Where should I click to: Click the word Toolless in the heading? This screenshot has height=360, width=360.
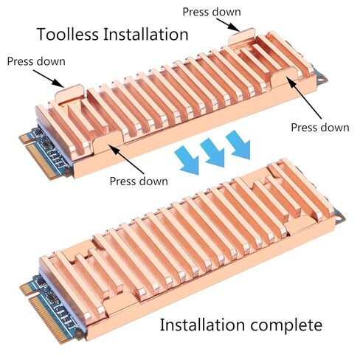[x=67, y=34]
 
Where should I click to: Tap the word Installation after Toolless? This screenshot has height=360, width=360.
[x=146, y=34]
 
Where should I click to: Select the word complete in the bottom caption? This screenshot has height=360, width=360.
[x=286, y=325]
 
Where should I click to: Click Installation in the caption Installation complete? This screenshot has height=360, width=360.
[x=202, y=325]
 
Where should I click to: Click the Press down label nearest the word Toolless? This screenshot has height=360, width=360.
[x=36, y=61]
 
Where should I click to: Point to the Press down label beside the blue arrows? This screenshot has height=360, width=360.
[x=139, y=181]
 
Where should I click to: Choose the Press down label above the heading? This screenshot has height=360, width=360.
[x=212, y=12]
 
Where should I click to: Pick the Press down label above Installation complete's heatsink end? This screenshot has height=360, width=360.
[x=320, y=128]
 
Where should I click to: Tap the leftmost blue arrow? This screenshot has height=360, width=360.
[x=187, y=160]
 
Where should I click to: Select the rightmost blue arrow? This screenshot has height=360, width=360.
[x=238, y=145]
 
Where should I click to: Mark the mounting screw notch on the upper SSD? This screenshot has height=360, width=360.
[x=323, y=77]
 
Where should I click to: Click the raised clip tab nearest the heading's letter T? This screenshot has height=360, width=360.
[x=69, y=94]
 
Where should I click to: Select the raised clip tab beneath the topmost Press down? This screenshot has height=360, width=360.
[x=241, y=36]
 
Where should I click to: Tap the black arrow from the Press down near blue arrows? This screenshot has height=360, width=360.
[x=126, y=159]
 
